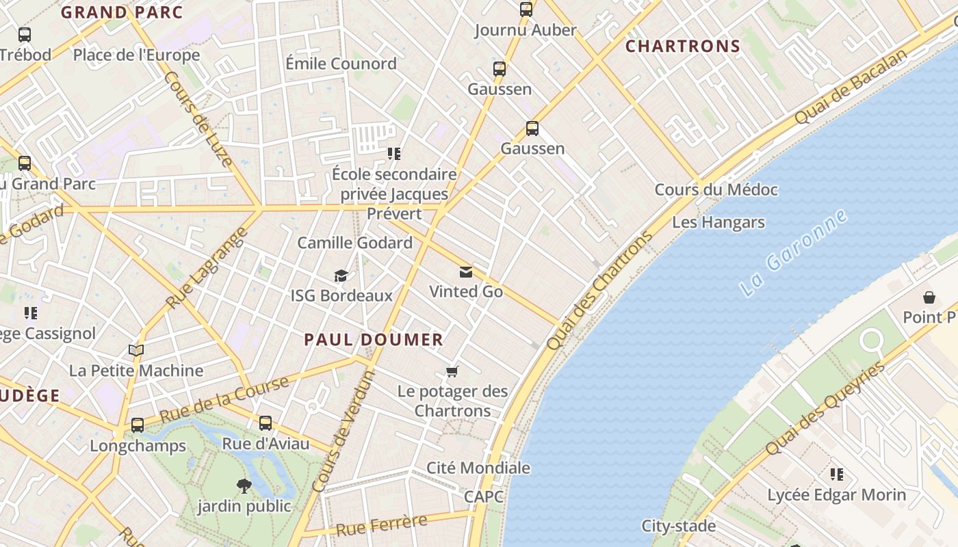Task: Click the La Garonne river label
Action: pos(794,253)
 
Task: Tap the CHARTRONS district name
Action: pos(683,46)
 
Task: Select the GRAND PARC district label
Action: pos(122,12)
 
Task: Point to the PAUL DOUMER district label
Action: pos(374,340)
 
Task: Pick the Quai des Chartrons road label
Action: pos(599,291)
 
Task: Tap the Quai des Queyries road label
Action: pos(825,409)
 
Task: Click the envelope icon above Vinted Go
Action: pos(466,273)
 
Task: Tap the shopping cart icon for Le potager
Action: pos(452,372)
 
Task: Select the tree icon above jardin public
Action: pos(244,486)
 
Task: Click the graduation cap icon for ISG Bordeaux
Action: pos(341,276)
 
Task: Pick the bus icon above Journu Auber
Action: pos(526,10)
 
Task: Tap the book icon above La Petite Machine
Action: pos(136,351)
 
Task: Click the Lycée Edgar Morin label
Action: pos(836,494)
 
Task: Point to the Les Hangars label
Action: pos(718,222)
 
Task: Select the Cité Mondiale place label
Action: pos(478,468)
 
